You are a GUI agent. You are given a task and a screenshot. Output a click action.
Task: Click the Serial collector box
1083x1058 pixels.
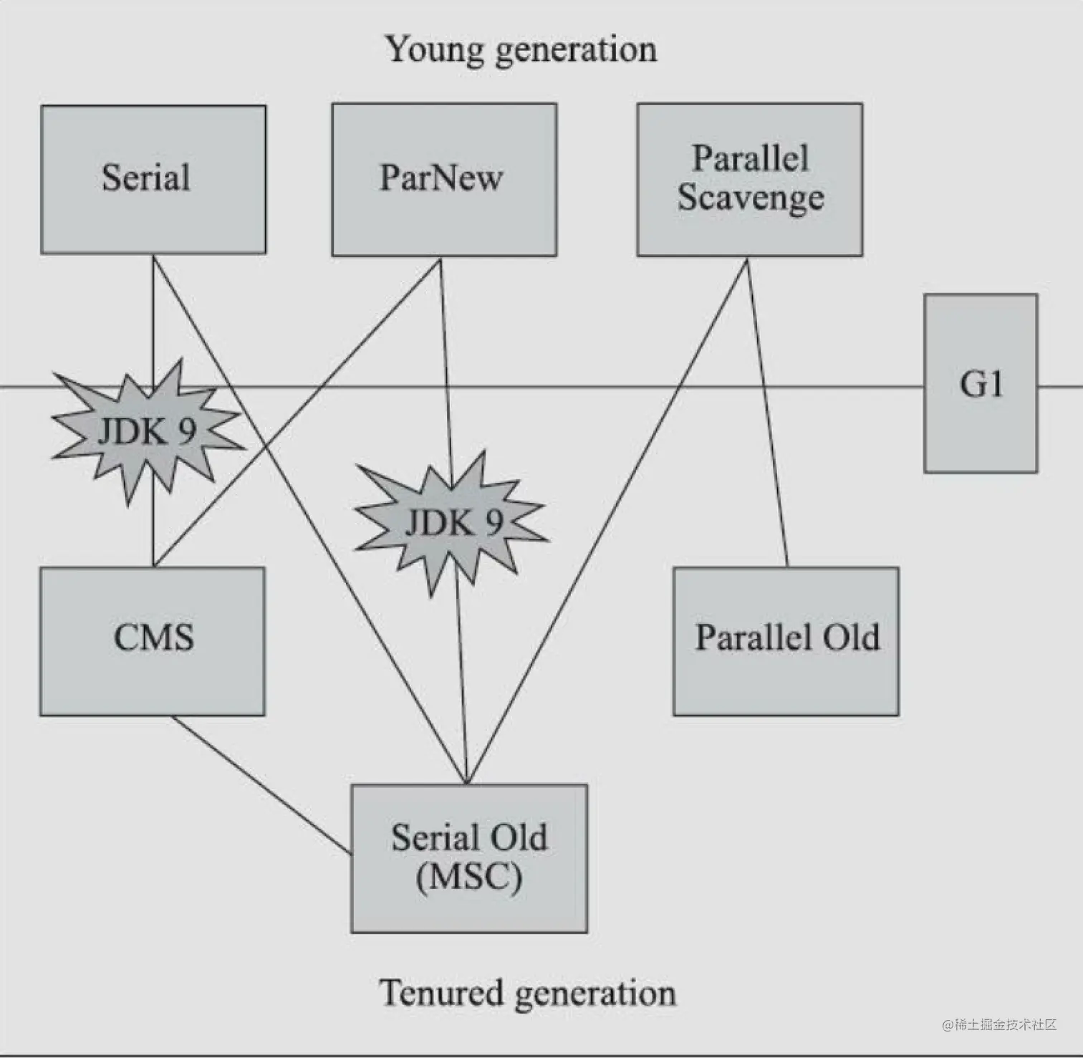click(x=153, y=179)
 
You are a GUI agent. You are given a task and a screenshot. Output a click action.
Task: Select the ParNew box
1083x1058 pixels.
click(x=444, y=179)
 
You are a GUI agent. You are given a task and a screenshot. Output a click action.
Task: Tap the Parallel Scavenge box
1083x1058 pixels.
click(x=750, y=179)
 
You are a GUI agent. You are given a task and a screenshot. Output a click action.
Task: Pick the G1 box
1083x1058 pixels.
click(x=981, y=383)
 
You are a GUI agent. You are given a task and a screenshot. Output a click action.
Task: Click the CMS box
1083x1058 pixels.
click(x=153, y=641)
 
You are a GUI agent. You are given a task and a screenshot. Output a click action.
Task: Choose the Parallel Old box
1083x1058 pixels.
click(x=786, y=641)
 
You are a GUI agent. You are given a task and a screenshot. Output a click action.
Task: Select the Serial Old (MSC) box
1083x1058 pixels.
click(x=469, y=858)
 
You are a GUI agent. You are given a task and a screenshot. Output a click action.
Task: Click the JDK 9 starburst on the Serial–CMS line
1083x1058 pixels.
click(x=148, y=431)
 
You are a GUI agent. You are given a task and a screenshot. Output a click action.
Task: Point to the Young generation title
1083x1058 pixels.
click(x=521, y=49)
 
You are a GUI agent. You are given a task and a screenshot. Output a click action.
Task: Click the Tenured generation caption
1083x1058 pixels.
click(x=527, y=993)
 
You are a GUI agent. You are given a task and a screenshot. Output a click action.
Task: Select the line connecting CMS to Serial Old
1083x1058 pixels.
click(x=261, y=785)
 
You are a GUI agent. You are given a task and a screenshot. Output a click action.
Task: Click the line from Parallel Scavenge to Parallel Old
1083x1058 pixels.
click(x=768, y=412)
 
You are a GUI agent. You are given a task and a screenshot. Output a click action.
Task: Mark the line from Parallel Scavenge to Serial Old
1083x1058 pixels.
click(x=609, y=519)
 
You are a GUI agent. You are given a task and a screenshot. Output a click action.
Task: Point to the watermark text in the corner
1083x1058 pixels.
click(x=999, y=1024)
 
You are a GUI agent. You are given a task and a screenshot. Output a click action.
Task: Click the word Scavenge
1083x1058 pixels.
click(x=751, y=198)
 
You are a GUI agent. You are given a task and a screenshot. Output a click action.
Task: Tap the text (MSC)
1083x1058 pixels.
click(x=469, y=877)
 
